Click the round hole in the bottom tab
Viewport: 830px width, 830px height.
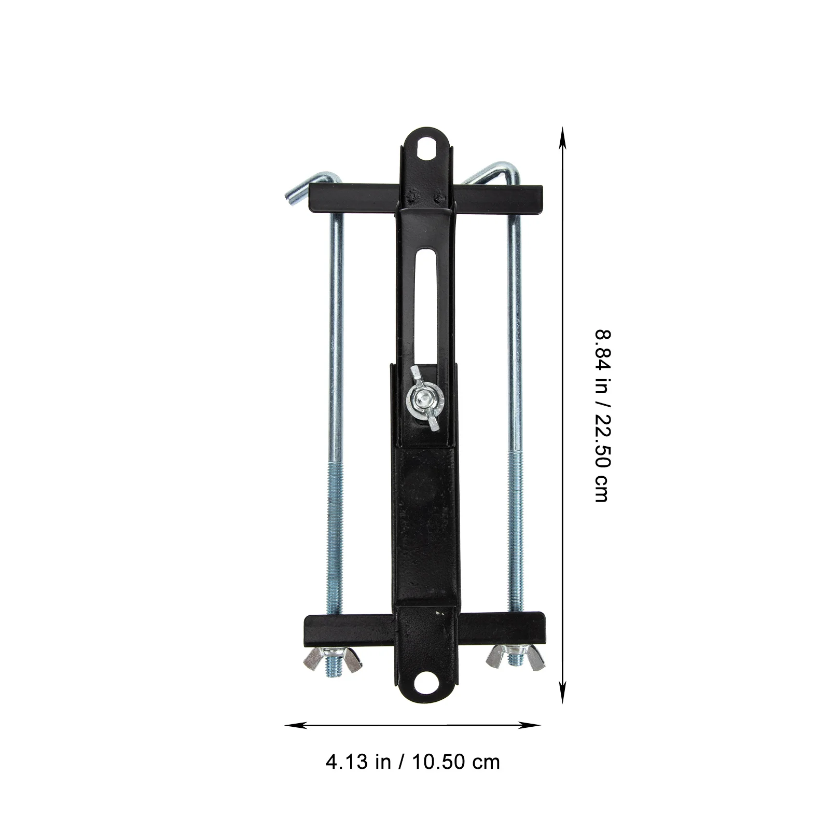click(x=428, y=680)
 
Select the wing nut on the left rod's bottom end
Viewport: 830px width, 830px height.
click(x=333, y=659)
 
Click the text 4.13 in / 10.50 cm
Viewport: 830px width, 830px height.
click(x=412, y=762)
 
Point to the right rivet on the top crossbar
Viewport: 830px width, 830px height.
click(x=439, y=197)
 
